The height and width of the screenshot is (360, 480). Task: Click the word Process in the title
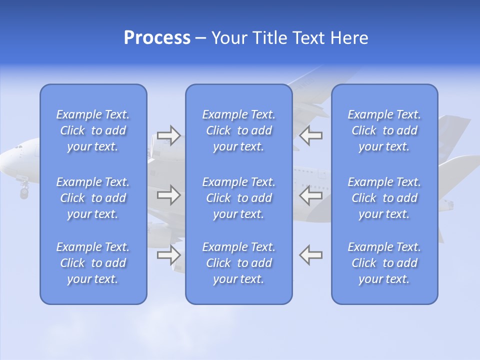(x=157, y=38)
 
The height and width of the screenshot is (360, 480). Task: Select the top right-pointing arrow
(x=169, y=135)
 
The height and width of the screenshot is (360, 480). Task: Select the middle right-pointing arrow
(x=169, y=195)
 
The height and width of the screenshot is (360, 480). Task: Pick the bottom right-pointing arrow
(x=169, y=255)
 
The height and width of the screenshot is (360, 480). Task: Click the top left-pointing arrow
(x=310, y=135)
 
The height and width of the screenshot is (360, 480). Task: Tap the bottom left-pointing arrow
(x=310, y=255)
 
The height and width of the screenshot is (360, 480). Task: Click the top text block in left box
(x=93, y=130)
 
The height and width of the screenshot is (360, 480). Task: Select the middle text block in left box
(x=93, y=198)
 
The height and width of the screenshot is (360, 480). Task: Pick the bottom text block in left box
(x=93, y=263)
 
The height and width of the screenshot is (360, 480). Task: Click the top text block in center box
(x=238, y=130)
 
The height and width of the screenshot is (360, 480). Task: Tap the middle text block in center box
(x=238, y=198)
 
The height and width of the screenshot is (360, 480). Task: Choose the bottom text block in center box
(x=238, y=263)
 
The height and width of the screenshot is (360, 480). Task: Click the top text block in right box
(x=384, y=130)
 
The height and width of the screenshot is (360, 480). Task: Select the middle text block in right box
(x=384, y=198)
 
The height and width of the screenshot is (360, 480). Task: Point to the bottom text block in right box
(x=384, y=263)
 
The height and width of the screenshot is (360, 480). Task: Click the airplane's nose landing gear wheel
(x=23, y=192)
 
